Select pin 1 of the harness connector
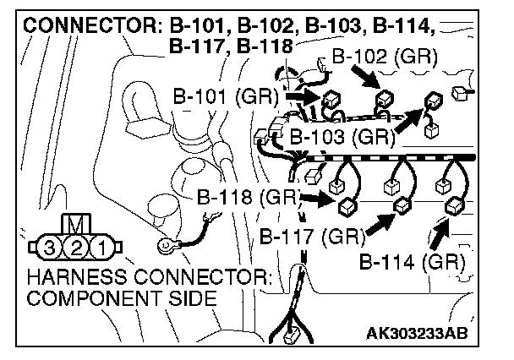point(99,248)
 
